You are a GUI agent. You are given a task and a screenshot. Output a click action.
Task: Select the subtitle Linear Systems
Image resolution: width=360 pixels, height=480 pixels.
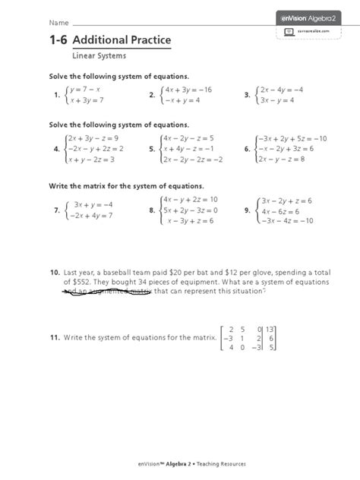[99, 55]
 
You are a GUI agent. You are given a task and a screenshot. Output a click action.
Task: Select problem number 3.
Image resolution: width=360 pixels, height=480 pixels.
[247, 95]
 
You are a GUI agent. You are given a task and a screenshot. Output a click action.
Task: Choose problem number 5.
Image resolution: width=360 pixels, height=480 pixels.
[152, 150]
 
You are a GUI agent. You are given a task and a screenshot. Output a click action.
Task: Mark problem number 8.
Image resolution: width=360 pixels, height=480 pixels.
[152, 210]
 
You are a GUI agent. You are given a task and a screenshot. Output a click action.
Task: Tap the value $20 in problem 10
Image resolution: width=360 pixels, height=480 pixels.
[175, 271]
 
